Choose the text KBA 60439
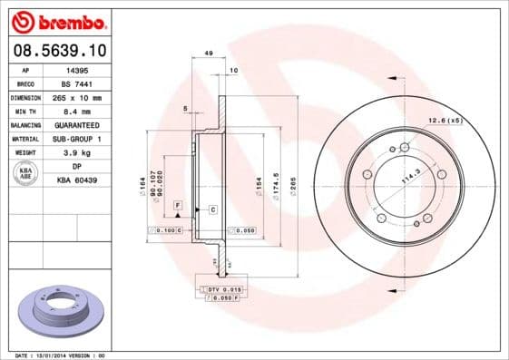[x=77, y=181]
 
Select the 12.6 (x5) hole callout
[x=445, y=120]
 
